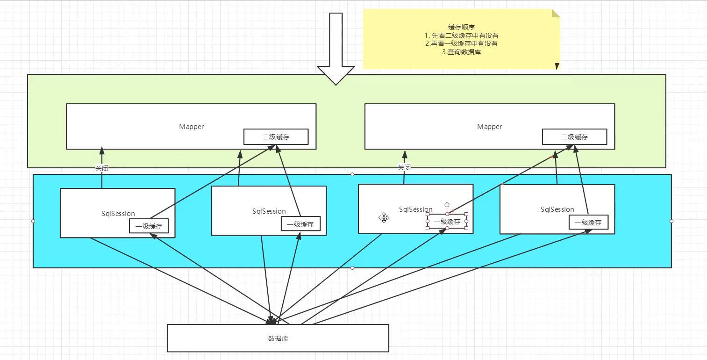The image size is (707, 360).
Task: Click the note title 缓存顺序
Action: (x=461, y=27)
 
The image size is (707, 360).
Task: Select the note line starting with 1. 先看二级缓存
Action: (x=461, y=36)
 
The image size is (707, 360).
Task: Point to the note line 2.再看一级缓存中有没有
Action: (x=461, y=43)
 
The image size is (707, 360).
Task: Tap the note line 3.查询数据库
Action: (x=461, y=52)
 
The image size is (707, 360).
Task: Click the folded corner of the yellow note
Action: (x=555, y=13)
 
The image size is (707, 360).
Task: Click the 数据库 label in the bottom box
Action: (x=278, y=338)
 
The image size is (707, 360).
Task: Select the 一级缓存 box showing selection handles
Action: (x=447, y=222)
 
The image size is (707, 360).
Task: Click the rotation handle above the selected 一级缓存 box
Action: (x=447, y=205)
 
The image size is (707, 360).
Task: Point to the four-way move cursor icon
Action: (x=384, y=217)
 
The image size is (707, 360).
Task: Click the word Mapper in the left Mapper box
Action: (x=191, y=127)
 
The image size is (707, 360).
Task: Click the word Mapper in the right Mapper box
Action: (x=489, y=127)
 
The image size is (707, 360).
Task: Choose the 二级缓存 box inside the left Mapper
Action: (x=276, y=137)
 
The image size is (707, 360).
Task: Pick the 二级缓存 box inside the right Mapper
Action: (x=574, y=137)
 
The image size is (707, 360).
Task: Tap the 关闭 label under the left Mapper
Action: (x=102, y=168)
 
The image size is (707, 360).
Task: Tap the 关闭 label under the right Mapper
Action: (x=404, y=167)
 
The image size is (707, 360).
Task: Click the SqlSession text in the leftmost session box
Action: (x=118, y=214)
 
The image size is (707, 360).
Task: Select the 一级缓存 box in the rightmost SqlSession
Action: (x=588, y=223)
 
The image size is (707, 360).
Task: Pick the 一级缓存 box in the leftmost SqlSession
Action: (x=149, y=226)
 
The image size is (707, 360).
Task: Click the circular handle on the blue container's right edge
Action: (x=671, y=221)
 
